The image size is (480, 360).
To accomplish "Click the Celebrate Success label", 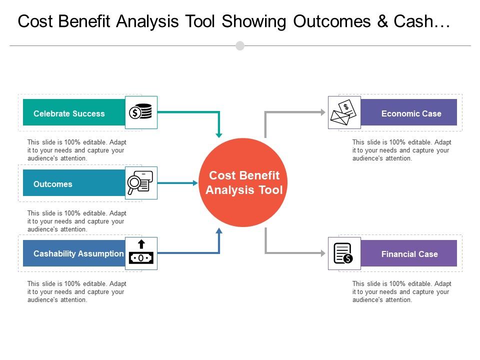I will pos(69,113).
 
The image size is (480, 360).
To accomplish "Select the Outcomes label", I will pos(53,184).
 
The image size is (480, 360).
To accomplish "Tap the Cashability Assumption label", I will pos(78,253).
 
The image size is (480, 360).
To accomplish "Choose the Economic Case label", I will pos(411,113).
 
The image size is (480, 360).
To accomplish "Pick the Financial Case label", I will pos(409,254).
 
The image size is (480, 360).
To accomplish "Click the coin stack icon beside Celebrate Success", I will pos(141,112).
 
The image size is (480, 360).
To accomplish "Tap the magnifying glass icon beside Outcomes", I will pos(141,183).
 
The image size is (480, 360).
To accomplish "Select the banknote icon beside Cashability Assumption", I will pos(141,253).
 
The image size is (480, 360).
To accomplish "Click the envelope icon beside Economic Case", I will pos(344,112).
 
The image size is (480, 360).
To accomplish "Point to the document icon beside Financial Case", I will pos(344,253).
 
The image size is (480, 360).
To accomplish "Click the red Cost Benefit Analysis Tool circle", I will pos(244,183).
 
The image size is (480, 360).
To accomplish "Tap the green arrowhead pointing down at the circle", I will pos(218,134).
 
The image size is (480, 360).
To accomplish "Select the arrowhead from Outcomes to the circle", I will pos(195,183).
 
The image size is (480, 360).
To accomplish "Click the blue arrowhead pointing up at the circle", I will pos(218,231).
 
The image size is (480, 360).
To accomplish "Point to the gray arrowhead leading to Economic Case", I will pos(322,112).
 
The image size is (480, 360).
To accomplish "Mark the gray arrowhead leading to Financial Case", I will pos(322,253).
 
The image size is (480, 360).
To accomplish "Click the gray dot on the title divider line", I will pos(240,46).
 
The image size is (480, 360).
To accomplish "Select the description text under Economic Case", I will pos(401,150).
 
